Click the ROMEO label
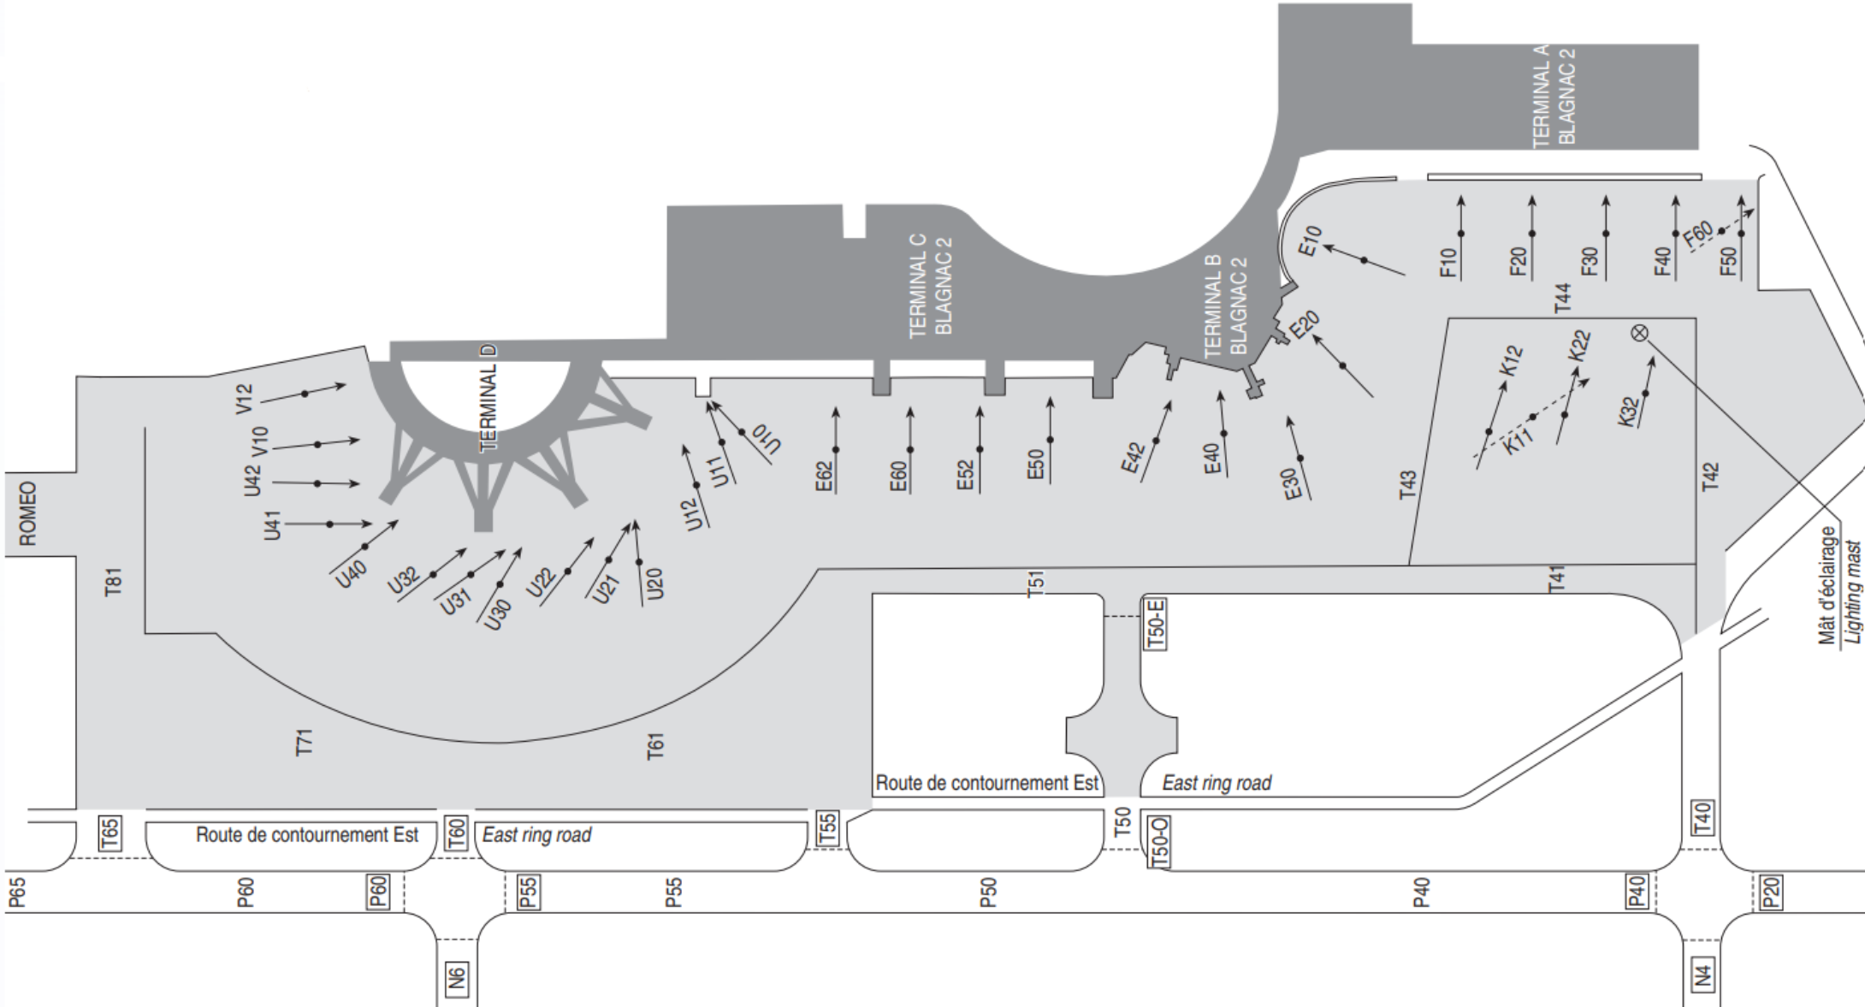coord(28,513)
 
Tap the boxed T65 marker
coord(110,832)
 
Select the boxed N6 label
coord(458,976)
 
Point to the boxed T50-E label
coord(1155,624)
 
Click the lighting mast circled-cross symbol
coord(1639,333)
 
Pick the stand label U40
coord(351,574)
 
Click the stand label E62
coord(824,477)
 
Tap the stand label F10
coord(1448,263)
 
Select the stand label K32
coord(1629,412)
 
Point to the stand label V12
coord(245,399)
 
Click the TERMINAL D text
coord(488,398)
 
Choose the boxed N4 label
coord(1702,974)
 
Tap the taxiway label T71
coord(304,742)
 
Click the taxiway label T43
coord(1407,483)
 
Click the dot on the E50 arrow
coord(1050,440)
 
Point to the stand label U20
coord(655,583)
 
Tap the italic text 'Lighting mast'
coord(1852,591)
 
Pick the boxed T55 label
coord(827,828)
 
